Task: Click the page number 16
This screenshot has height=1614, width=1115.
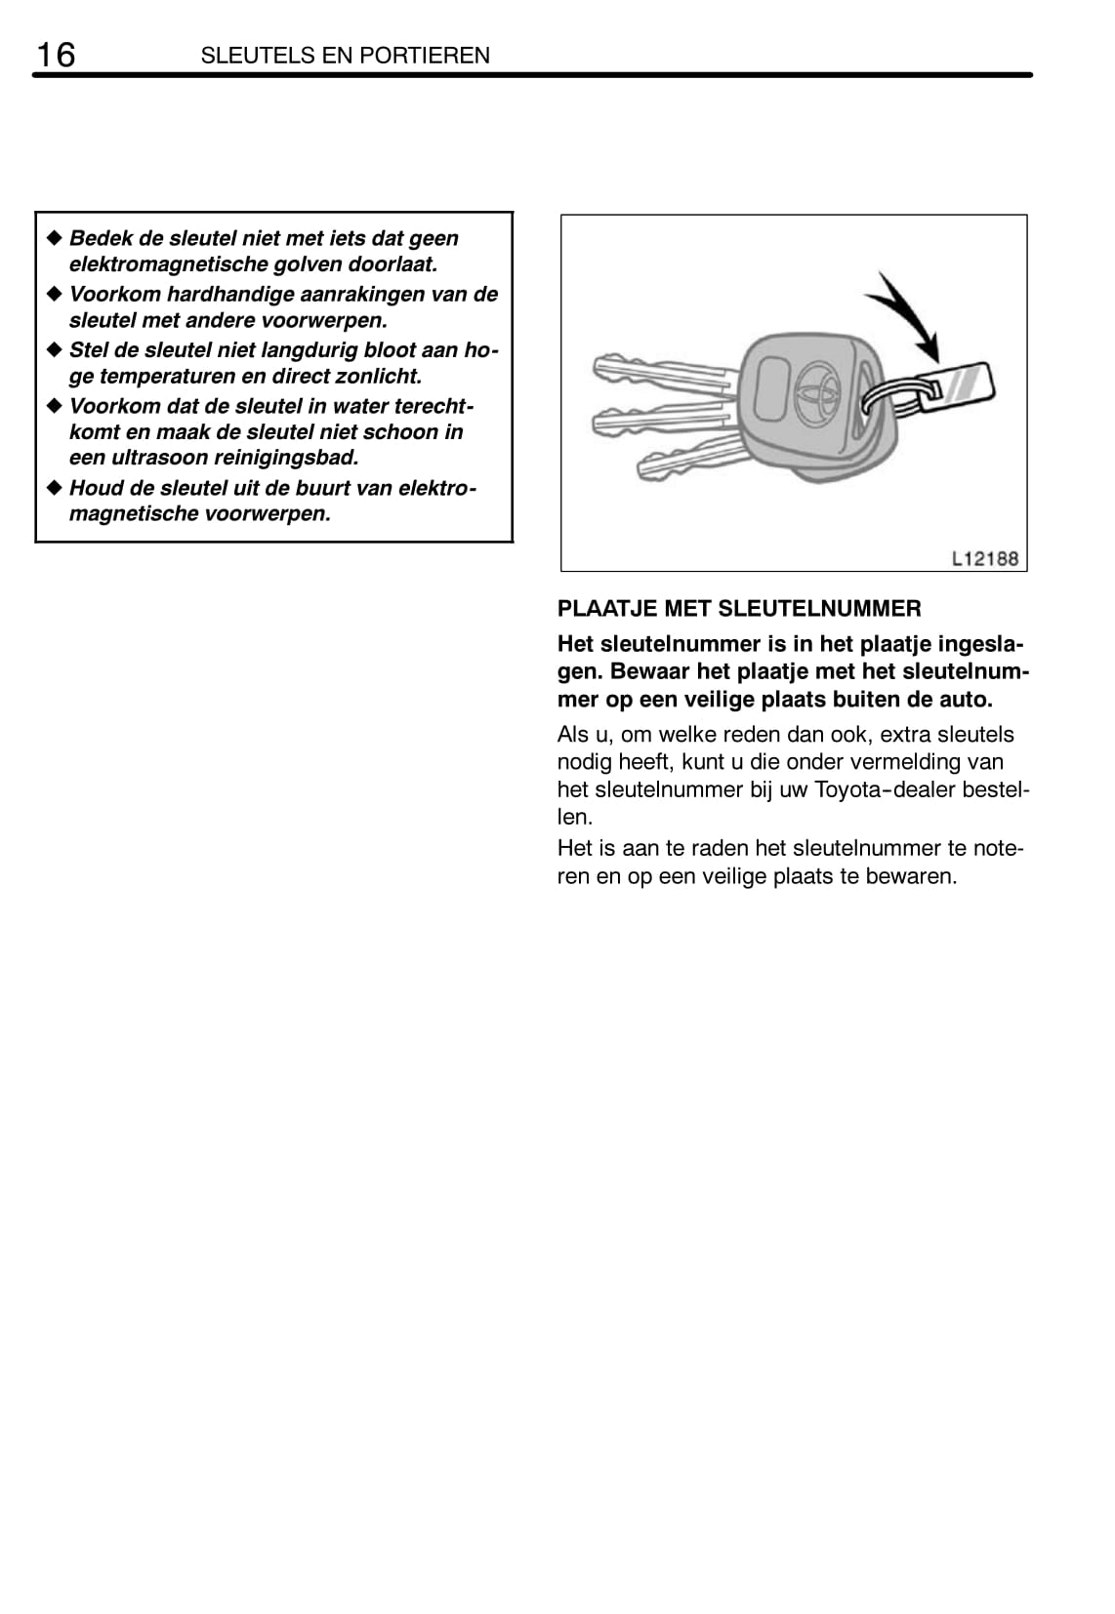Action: click(55, 55)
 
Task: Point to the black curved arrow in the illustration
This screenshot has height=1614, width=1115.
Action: click(906, 312)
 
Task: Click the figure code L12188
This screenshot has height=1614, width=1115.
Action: click(984, 558)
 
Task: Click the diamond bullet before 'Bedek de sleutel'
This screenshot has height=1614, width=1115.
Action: click(55, 237)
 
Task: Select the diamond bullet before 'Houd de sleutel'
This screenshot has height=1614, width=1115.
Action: click(55, 487)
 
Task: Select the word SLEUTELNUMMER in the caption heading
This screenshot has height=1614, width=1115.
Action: click(818, 608)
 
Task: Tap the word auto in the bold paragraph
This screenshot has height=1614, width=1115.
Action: click(968, 700)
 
